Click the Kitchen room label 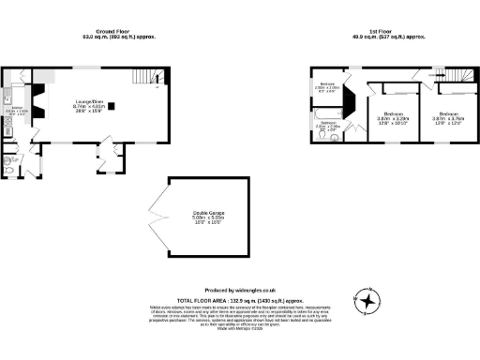click(19, 111)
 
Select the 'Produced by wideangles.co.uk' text click(240, 291)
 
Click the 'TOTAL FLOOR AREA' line click(240, 299)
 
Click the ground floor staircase click(142, 78)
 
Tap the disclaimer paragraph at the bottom click(240, 318)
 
